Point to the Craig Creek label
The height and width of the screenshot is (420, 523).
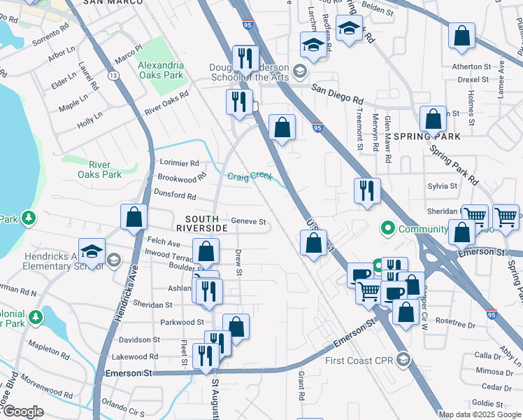pyautogui.click(x=249, y=176)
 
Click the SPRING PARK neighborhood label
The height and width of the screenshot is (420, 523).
pyautogui.click(x=427, y=136)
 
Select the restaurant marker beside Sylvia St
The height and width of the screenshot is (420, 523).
pyautogui.click(x=367, y=190)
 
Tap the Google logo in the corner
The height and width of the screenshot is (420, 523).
pyautogui.click(x=23, y=412)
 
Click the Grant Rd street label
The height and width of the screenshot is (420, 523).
pyautogui.click(x=301, y=386)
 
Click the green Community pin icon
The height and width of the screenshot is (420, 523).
pyautogui.click(x=388, y=229)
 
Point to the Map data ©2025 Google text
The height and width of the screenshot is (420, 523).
pyautogui.click(x=479, y=414)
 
